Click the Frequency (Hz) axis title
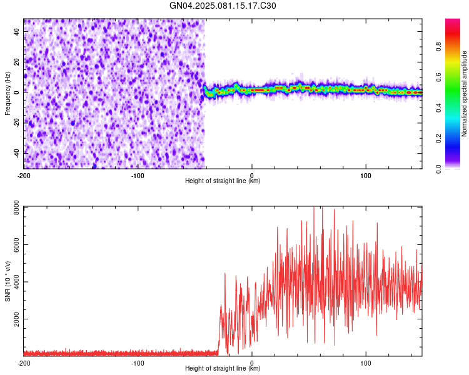[8, 93]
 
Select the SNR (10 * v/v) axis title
[8, 281]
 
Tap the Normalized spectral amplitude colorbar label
[464, 94]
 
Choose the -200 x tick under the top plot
[24, 175]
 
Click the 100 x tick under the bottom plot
[365, 362]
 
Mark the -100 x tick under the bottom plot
[138, 362]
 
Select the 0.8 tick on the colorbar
[439, 46]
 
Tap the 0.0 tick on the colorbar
[439, 168]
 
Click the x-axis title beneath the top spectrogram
[223, 181]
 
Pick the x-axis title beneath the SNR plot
[223, 369]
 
